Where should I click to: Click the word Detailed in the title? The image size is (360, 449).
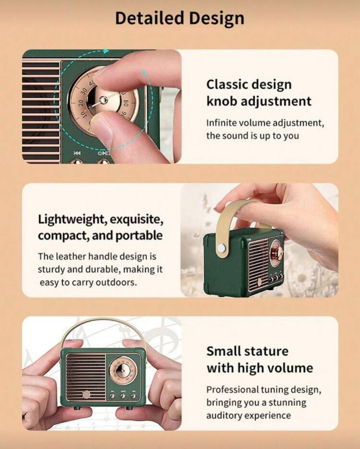pos(150,18)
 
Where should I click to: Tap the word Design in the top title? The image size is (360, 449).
pos(217,19)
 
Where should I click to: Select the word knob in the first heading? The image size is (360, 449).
pos(221,101)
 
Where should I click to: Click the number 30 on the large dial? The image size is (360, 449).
pos(84,92)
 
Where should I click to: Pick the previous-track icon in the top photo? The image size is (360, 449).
pos(77,153)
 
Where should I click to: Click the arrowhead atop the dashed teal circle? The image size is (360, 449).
pos(106,51)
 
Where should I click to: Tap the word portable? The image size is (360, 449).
pos(139,236)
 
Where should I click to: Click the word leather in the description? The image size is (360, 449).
pos(70,256)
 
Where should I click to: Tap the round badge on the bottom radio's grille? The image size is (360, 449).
pos(86,395)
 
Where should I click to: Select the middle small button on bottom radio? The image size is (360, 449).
pos(123,396)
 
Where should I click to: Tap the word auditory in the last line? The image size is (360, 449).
pos(223,416)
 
